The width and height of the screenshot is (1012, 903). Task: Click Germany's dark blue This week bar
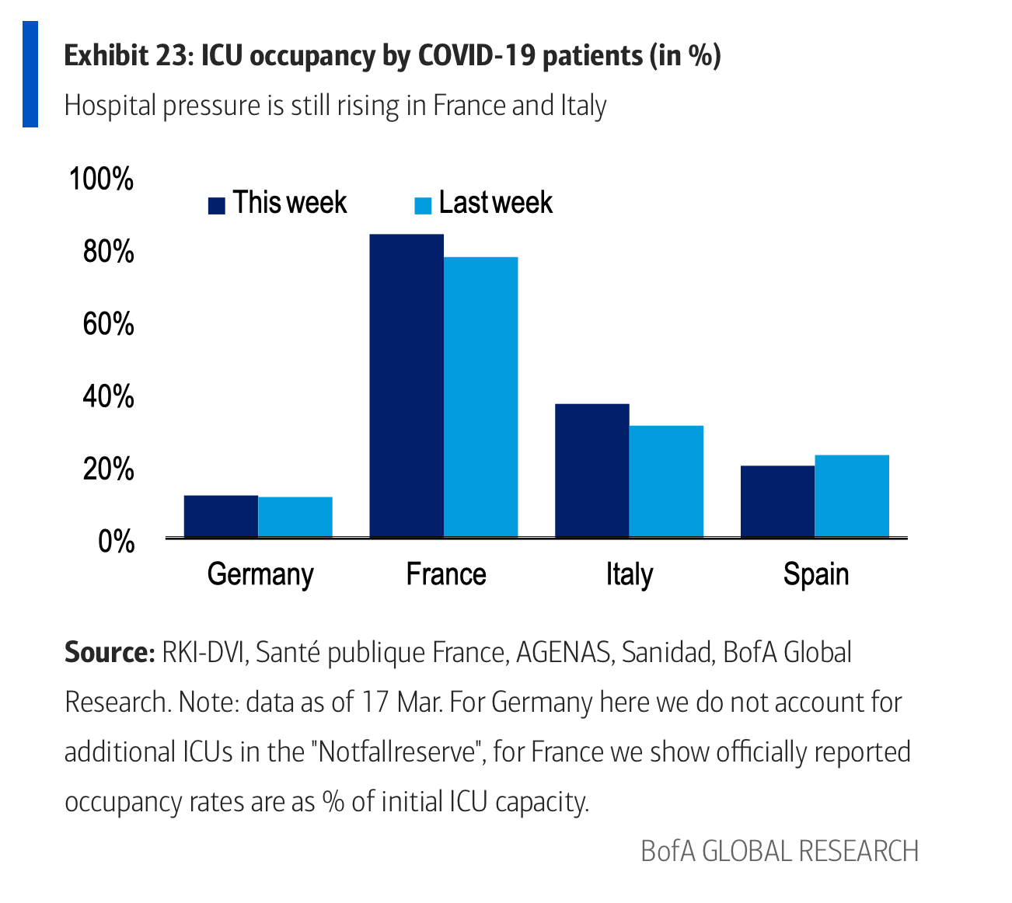221,516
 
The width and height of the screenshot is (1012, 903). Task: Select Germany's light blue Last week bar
295,517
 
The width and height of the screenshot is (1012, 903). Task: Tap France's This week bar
407,385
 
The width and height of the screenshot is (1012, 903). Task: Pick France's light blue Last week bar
480,396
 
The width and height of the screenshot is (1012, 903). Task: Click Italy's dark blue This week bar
592,470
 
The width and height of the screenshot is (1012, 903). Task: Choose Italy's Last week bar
666,481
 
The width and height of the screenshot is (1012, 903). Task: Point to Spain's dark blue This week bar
777,501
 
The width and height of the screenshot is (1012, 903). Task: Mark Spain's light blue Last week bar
852,496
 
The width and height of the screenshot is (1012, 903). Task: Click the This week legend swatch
217,205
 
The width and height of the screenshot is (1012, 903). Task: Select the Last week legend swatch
423,205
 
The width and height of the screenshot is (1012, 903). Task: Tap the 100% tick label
102,179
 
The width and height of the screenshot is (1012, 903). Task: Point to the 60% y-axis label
108,323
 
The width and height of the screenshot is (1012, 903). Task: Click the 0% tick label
117,541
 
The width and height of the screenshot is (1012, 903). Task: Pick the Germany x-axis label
260,575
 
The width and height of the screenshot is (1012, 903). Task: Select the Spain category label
815,574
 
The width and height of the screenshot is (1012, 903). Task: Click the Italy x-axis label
629,574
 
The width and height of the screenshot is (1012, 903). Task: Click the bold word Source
110,652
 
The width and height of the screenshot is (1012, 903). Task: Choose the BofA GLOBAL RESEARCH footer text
780,851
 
